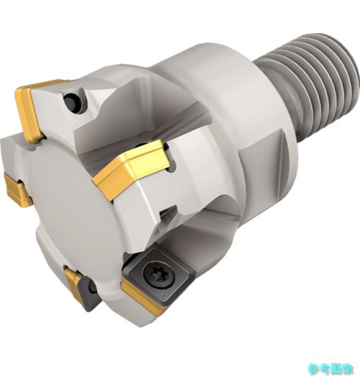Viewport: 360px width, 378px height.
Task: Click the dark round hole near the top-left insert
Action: (x=71, y=102)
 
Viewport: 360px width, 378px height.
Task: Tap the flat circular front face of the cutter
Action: (x=72, y=206)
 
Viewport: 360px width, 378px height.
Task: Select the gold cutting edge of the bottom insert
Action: (x=143, y=297)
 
